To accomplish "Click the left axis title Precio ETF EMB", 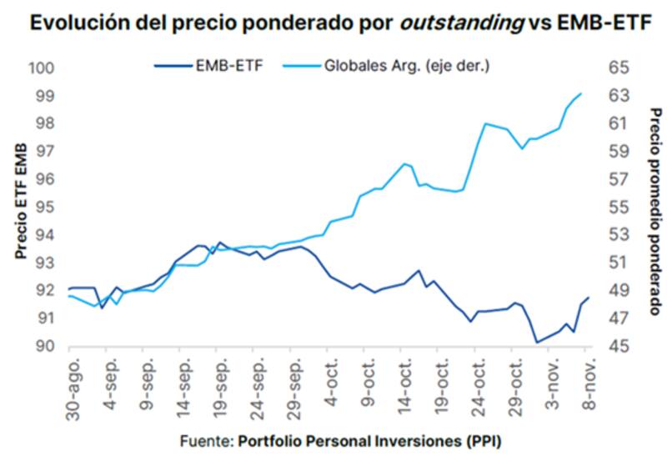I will coord(20,200).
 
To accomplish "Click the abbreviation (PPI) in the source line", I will coord(484,439).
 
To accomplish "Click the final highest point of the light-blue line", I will coord(581,93).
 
